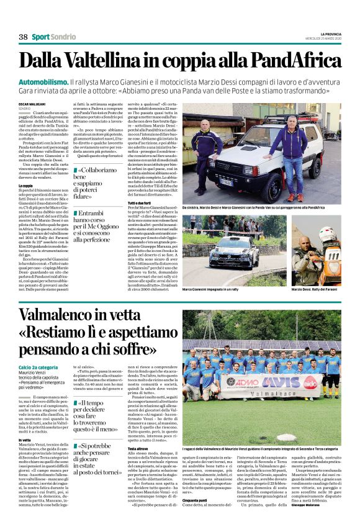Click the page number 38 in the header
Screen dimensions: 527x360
tap(23, 37)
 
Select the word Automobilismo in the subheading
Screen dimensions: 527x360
tap(42, 83)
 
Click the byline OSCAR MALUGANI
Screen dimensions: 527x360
tap(32, 104)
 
